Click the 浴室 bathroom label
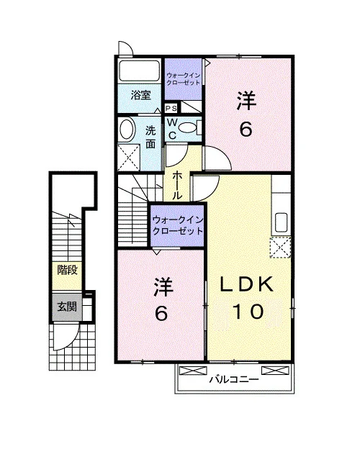coord(141,95)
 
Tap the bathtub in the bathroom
coord(139,71)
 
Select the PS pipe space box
coord(171,109)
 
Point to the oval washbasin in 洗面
coord(127,129)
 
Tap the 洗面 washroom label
coord(150,137)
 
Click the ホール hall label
coord(177,185)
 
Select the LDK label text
coord(247,284)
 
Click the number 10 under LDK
coord(248,312)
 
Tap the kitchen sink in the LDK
coord(281,222)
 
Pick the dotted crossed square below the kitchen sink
coord(280,248)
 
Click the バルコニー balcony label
coord(234,379)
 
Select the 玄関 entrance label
coord(67,307)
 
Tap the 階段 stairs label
coord(67,270)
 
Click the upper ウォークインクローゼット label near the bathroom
coord(183,78)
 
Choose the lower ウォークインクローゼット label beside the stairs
coord(178,225)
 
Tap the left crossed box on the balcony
coord(193,371)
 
